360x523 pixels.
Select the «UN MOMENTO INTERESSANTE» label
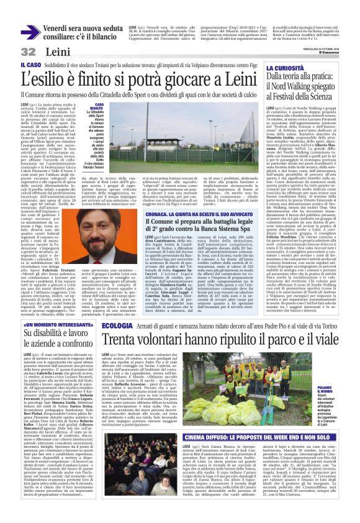point(49,324)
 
